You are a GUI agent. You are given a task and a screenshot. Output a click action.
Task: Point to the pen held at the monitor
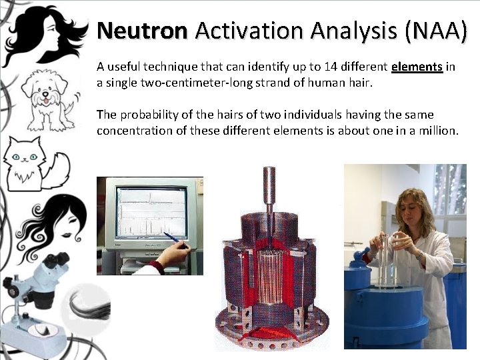pyautogui.click(x=175, y=240)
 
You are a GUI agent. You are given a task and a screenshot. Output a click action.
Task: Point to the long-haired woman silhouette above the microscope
pyautogui.click(x=57, y=227)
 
